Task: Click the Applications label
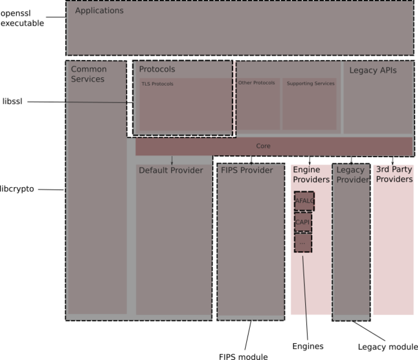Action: (x=99, y=11)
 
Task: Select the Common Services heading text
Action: (x=89, y=74)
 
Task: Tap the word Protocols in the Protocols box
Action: (x=157, y=70)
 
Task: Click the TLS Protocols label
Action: (x=157, y=84)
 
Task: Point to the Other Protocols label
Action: (x=256, y=83)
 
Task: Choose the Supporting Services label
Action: (x=310, y=83)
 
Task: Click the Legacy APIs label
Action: (x=373, y=71)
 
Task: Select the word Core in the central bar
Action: (x=263, y=146)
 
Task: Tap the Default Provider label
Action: (x=171, y=170)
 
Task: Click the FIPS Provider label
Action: (x=247, y=170)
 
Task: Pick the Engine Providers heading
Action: (x=311, y=175)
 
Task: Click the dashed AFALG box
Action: (x=304, y=201)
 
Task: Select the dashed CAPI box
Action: (x=303, y=222)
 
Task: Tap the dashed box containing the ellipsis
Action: (x=303, y=242)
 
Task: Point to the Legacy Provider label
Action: (x=351, y=175)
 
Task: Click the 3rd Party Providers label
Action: (x=394, y=175)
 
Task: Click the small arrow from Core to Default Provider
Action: (x=172, y=160)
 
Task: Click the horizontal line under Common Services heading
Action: (x=97, y=103)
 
